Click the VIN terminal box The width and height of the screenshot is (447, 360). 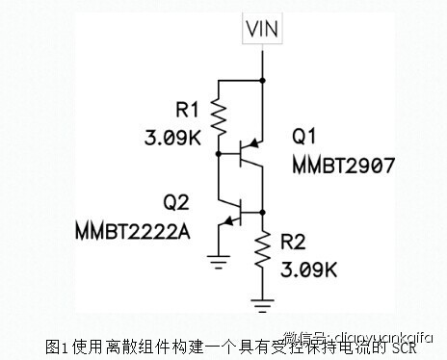coord(263,29)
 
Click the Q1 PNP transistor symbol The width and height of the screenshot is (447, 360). coord(252,150)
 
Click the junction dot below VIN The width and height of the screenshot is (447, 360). coord(263,80)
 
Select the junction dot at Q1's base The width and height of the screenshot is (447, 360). coord(221,151)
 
